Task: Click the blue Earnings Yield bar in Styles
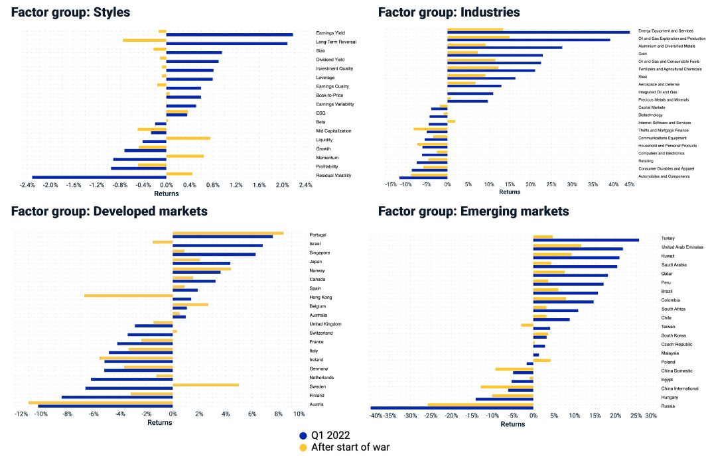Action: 229,34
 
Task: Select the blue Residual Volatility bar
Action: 100,177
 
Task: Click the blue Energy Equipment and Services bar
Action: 538,32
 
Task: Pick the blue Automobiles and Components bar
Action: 423,178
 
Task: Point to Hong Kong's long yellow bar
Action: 128,296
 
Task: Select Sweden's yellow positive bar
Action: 206,384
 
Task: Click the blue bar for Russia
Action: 451,408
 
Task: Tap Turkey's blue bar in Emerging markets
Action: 585,240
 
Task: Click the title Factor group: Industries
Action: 449,12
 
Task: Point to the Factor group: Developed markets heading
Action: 109,211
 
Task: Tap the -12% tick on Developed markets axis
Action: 21,414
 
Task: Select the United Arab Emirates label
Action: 682,247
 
